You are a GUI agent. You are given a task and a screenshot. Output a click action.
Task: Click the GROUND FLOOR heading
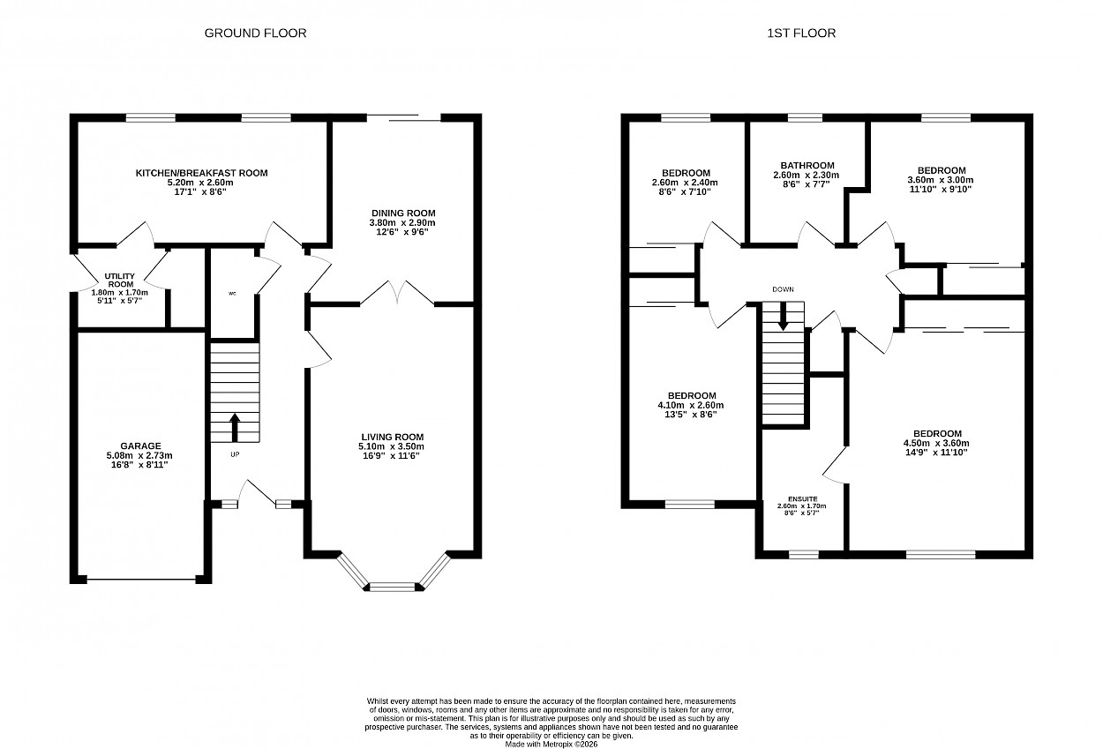(255, 33)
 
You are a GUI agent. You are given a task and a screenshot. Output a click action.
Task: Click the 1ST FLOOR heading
(801, 33)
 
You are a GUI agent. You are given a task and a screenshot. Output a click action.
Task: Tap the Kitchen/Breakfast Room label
(202, 173)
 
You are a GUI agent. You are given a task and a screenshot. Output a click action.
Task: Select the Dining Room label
(403, 213)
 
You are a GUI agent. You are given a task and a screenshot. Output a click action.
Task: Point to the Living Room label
(393, 437)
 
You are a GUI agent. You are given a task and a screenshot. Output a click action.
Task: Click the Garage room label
(141, 446)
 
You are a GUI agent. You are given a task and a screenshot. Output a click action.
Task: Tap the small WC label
(232, 294)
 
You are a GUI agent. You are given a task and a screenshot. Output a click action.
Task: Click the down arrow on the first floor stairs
(783, 316)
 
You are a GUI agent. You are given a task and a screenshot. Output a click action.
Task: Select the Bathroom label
(807, 166)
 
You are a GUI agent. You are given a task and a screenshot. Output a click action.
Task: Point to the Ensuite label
(803, 498)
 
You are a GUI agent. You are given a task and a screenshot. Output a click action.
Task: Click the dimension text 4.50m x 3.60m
(936, 443)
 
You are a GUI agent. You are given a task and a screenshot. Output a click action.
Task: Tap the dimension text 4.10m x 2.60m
(691, 405)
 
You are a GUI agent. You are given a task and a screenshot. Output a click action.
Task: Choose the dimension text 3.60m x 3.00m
(941, 180)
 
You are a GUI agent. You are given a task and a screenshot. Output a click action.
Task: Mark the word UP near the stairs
(235, 454)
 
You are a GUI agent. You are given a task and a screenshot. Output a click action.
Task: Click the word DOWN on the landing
(783, 289)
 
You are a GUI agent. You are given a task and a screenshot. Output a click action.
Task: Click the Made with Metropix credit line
(551, 745)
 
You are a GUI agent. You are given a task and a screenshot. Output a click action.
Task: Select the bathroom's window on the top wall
(805, 117)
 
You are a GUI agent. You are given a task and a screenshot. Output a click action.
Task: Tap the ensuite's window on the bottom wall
(804, 555)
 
